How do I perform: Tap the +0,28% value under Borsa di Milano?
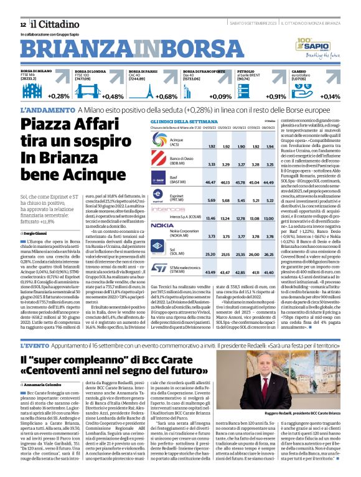[59, 97]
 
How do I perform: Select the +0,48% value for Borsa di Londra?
[113, 97]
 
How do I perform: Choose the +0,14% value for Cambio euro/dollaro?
[330, 97]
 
